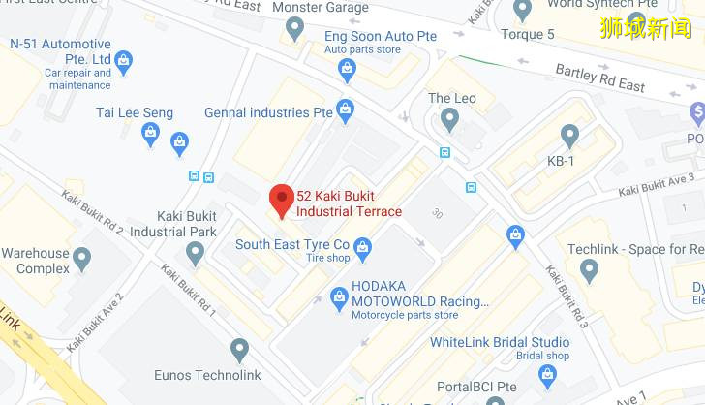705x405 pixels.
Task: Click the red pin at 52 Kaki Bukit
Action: (x=281, y=200)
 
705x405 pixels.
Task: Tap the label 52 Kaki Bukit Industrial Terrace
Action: (x=349, y=203)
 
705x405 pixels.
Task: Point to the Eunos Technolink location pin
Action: (x=240, y=350)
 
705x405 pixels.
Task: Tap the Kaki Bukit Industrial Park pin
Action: (x=196, y=253)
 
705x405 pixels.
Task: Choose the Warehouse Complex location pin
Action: (x=81, y=259)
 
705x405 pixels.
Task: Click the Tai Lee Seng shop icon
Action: (x=179, y=143)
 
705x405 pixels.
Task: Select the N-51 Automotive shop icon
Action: (x=123, y=64)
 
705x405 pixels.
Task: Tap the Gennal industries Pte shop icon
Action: (x=345, y=109)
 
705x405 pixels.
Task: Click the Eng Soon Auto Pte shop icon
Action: (x=347, y=68)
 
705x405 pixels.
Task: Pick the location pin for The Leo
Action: (x=448, y=119)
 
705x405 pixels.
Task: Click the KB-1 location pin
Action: (x=569, y=136)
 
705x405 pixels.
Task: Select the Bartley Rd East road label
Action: (x=599, y=78)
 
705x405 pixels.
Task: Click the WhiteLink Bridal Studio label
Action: (x=500, y=342)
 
